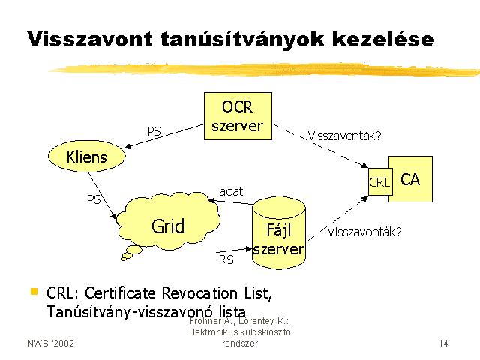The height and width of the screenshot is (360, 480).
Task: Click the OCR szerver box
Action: (238, 116)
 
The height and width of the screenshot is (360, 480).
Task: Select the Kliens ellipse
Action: (87, 157)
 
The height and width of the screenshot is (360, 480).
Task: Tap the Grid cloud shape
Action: (168, 221)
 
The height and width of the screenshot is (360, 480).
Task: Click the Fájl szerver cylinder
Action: (279, 233)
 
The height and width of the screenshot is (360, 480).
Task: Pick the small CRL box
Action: (380, 181)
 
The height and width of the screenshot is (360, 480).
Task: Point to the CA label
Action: (410, 179)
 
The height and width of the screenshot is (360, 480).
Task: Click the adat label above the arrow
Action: (231, 192)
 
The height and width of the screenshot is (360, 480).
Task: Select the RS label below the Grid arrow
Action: (226, 260)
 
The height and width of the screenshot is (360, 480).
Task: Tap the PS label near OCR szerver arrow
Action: (154, 132)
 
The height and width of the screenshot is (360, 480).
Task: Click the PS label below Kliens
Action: (94, 200)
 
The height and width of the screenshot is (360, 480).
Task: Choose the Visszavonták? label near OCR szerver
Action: (345, 136)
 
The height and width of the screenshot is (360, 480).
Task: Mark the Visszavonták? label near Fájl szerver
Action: (364, 232)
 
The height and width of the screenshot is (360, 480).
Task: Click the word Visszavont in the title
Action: (90, 39)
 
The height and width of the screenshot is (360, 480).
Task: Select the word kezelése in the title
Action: (383, 39)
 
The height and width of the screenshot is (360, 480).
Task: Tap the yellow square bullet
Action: (34, 291)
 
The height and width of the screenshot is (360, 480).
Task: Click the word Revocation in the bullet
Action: (199, 293)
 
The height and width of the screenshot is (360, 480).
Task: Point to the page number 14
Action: (443, 343)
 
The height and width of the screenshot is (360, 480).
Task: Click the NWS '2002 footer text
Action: (50, 343)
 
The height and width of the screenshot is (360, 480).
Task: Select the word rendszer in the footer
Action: (240, 343)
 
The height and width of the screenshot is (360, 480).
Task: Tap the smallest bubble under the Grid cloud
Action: (124, 259)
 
